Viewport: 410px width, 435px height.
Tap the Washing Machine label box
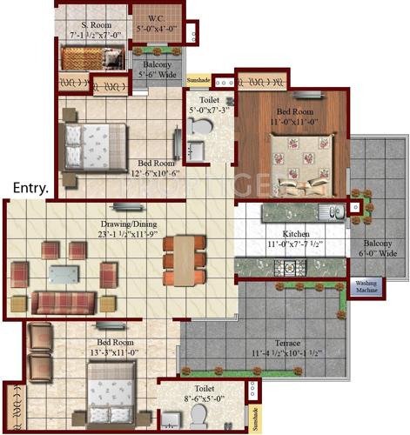pos(366,286)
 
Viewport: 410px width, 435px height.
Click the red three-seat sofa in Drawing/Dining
pos(63,302)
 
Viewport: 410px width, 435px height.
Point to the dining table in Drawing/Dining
pos(181,259)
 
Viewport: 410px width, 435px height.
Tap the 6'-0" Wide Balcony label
pos(379,246)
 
